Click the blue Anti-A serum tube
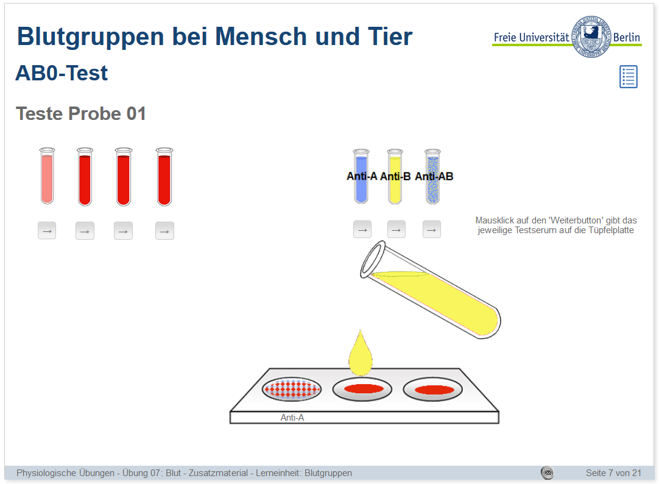click(x=361, y=177)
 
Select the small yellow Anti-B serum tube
click(x=395, y=177)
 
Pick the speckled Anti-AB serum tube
click(x=432, y=177)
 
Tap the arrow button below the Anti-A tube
click(x=362, y=230)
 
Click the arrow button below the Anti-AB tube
click(x=432, y=230)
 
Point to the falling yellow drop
click(x=361, y=354)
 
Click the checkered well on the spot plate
click(x=292, y=388)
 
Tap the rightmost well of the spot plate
click(x=433, y=390)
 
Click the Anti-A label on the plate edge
click(x=292, y=418)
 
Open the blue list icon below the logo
click(x=629, y=77)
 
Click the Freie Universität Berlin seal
click(x=591, y=37)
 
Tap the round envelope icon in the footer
click(x=547, y=472)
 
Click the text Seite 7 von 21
click(x=613, y=473)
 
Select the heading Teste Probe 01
click(x=80, y=113)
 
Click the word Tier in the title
click(x=390, y=37)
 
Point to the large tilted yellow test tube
click(x=431, y=289)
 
